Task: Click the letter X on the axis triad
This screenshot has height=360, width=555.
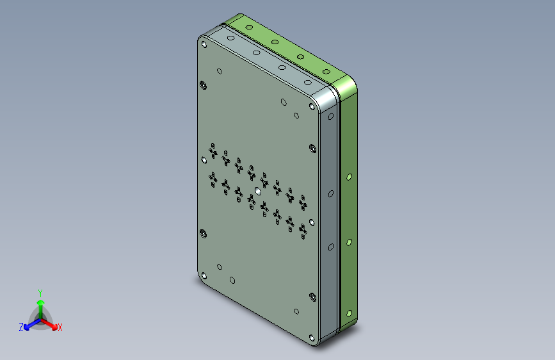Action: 60,328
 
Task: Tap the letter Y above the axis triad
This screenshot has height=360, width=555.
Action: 40,293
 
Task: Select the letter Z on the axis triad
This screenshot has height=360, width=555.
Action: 21,327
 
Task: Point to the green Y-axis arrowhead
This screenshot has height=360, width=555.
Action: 41,302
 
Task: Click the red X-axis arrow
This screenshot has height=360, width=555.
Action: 49,323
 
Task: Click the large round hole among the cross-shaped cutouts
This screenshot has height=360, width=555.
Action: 258,192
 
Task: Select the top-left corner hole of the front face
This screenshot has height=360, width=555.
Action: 204,44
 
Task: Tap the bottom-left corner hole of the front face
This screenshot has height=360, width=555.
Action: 204,275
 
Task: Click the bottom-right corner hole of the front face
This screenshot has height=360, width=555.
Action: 312,338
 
